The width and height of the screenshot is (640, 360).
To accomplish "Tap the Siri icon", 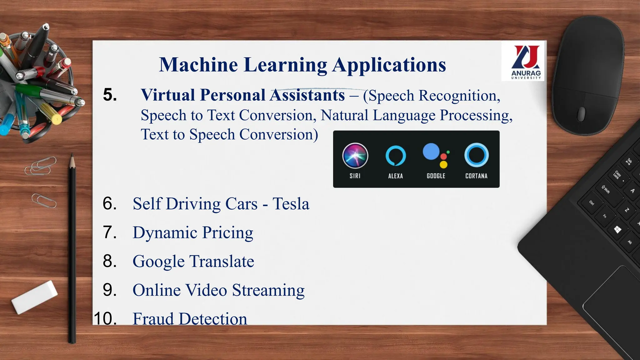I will pyautogui.click(x=355, y=155).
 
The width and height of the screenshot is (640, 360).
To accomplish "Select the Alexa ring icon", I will pyautogui.click(x=396, y=156).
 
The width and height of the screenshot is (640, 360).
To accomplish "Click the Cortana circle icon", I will pyautogui.click(x=476, y=155).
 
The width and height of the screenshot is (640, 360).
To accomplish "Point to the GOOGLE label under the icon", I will pyautogui.click(x=436, y=176).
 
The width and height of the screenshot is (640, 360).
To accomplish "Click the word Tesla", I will pyautogui.click(x=291, y=204).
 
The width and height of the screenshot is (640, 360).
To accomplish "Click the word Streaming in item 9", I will pyautogui.click(x=268, y=290).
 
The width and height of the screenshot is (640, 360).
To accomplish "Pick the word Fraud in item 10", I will pyautogui.click(x=153, y=319).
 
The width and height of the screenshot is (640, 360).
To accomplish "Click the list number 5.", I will pyautogui.click(x=110, y=95).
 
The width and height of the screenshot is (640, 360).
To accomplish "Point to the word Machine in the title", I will pyautogui.click(x=198, y=65).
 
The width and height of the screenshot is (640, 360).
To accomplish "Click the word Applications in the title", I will pyautogui.click(x=389, y=65).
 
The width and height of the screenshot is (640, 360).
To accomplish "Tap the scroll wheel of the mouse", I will pyautogui.click(x=581, y=114).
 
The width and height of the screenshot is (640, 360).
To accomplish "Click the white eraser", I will pyautogui.click(x=34, y=297).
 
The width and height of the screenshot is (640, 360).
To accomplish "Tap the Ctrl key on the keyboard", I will pyautogui.click(x=592, y=203).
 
